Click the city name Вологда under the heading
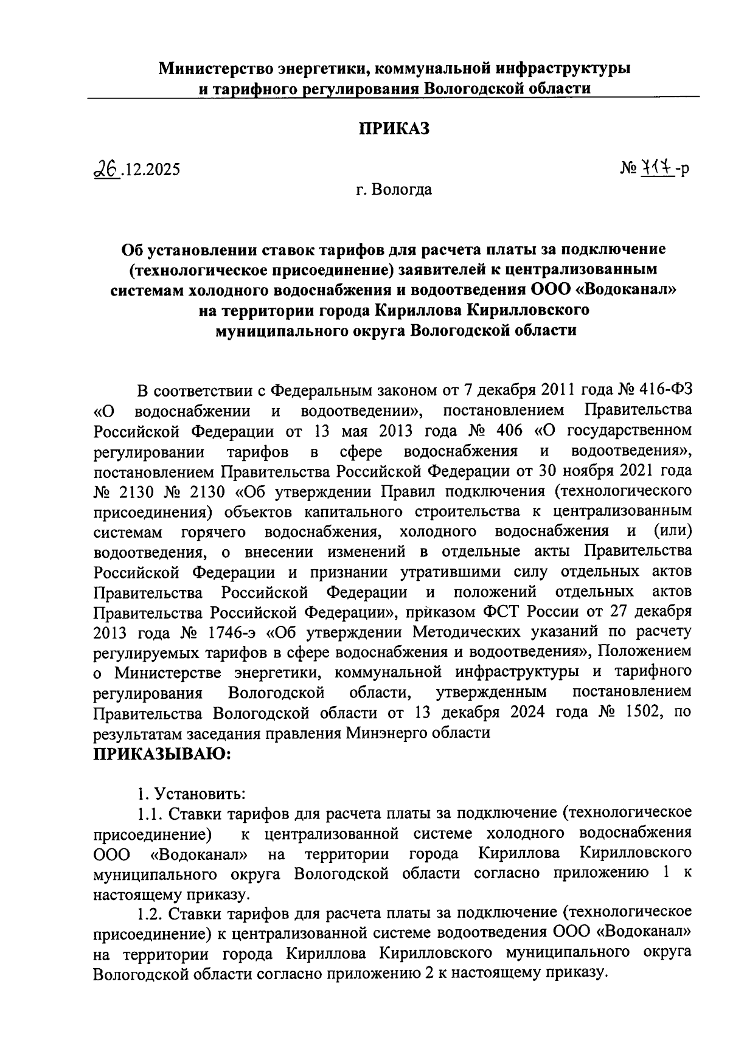(403, 190)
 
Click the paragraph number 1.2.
(149, 913)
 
